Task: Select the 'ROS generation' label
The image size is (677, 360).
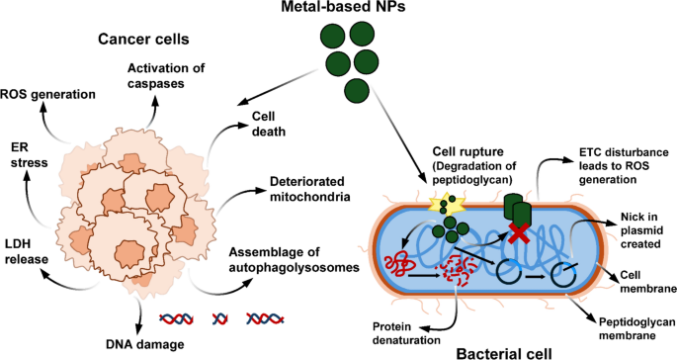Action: pos(48,95)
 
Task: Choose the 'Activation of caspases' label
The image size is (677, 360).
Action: pos(169,75)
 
